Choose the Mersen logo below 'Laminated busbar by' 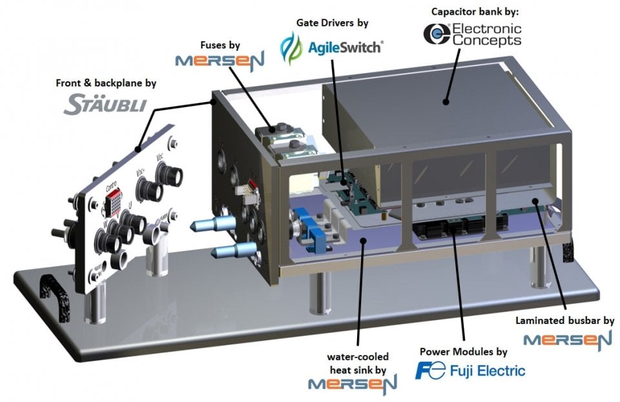[567, 339]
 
